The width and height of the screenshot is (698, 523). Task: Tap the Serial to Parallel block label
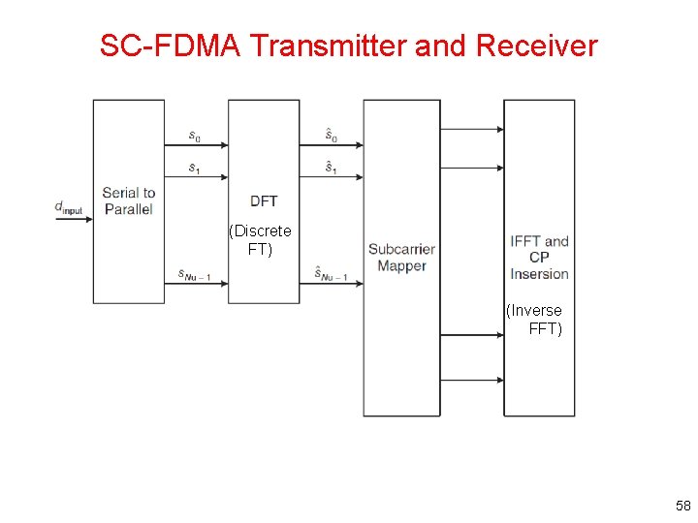pyautogui.click(x=128, y=200)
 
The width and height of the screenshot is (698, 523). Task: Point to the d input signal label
pyautogui.click(x=69, y=207)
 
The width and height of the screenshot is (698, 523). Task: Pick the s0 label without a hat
pyautogui.click(x=194, y=136)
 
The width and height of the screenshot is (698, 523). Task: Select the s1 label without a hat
pyautogui.click(x=194, y=169)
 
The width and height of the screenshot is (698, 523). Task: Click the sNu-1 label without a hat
pyautogui.click(x=194, y=275)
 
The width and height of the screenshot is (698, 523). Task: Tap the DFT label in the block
pyautogui.click(x=264, y=201)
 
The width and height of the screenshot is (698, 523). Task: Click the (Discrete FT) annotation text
pyautogui.click(x=260, y=240)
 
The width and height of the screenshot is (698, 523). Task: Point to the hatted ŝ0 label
pyautogui.click(x=332, y=135)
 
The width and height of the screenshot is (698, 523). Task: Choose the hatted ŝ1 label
pyautogui.click(x=332, y=168)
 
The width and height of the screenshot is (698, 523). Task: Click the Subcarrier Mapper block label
pyautogui.click(x=401, y=258)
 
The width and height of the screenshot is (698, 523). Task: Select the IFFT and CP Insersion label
pyautogui.click(x=539, y=258)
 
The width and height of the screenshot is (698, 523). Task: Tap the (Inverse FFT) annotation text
pyautogui.click(x=535, y=320)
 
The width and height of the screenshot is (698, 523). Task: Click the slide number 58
pyautogui.click(x=682, y=506)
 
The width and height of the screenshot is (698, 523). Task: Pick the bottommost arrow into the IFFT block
pyautogui.click(x=472, y=380)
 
